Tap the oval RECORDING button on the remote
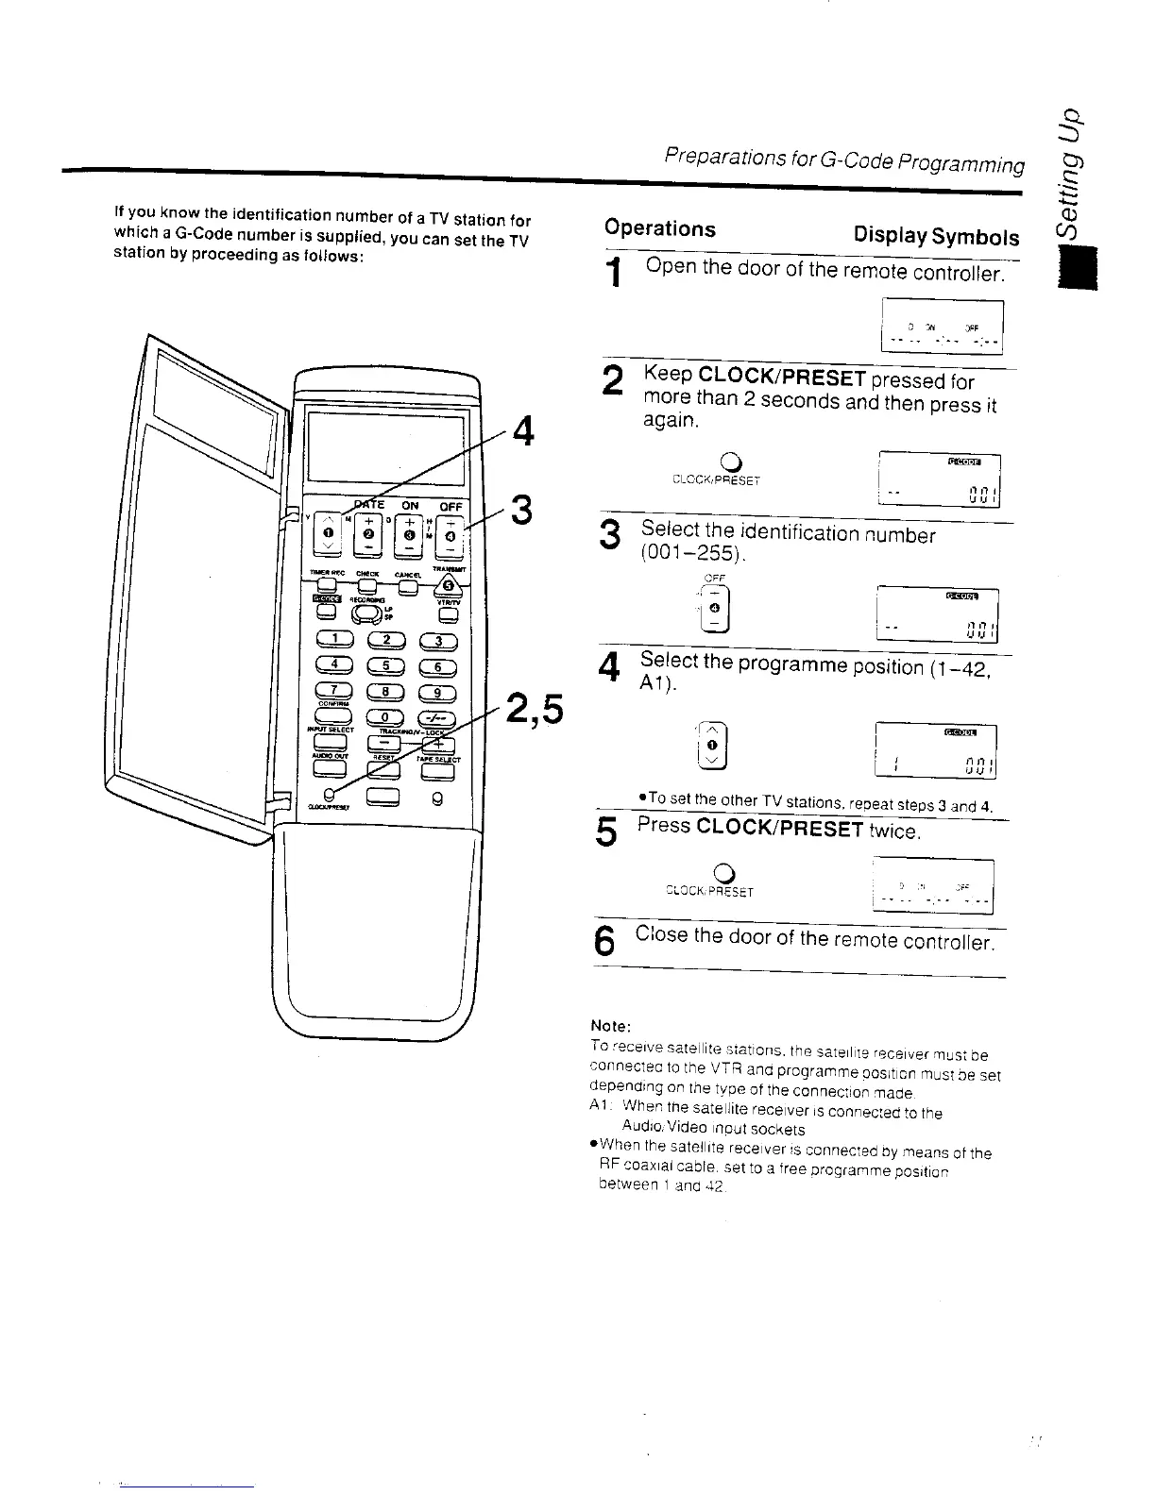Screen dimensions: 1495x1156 coord(367,614)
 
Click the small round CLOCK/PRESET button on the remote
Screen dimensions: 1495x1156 coord(328,793)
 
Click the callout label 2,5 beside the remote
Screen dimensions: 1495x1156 coord(535,710)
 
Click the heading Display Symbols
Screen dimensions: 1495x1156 coord(936,236)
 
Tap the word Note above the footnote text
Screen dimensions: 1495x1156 coord(609,1026)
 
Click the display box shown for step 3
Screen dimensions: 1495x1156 coord(937,615)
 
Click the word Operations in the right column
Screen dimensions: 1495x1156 coord(660,228)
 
